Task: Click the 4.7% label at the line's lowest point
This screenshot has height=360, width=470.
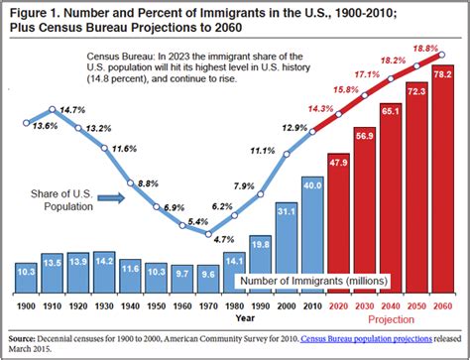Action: pos(223,239)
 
